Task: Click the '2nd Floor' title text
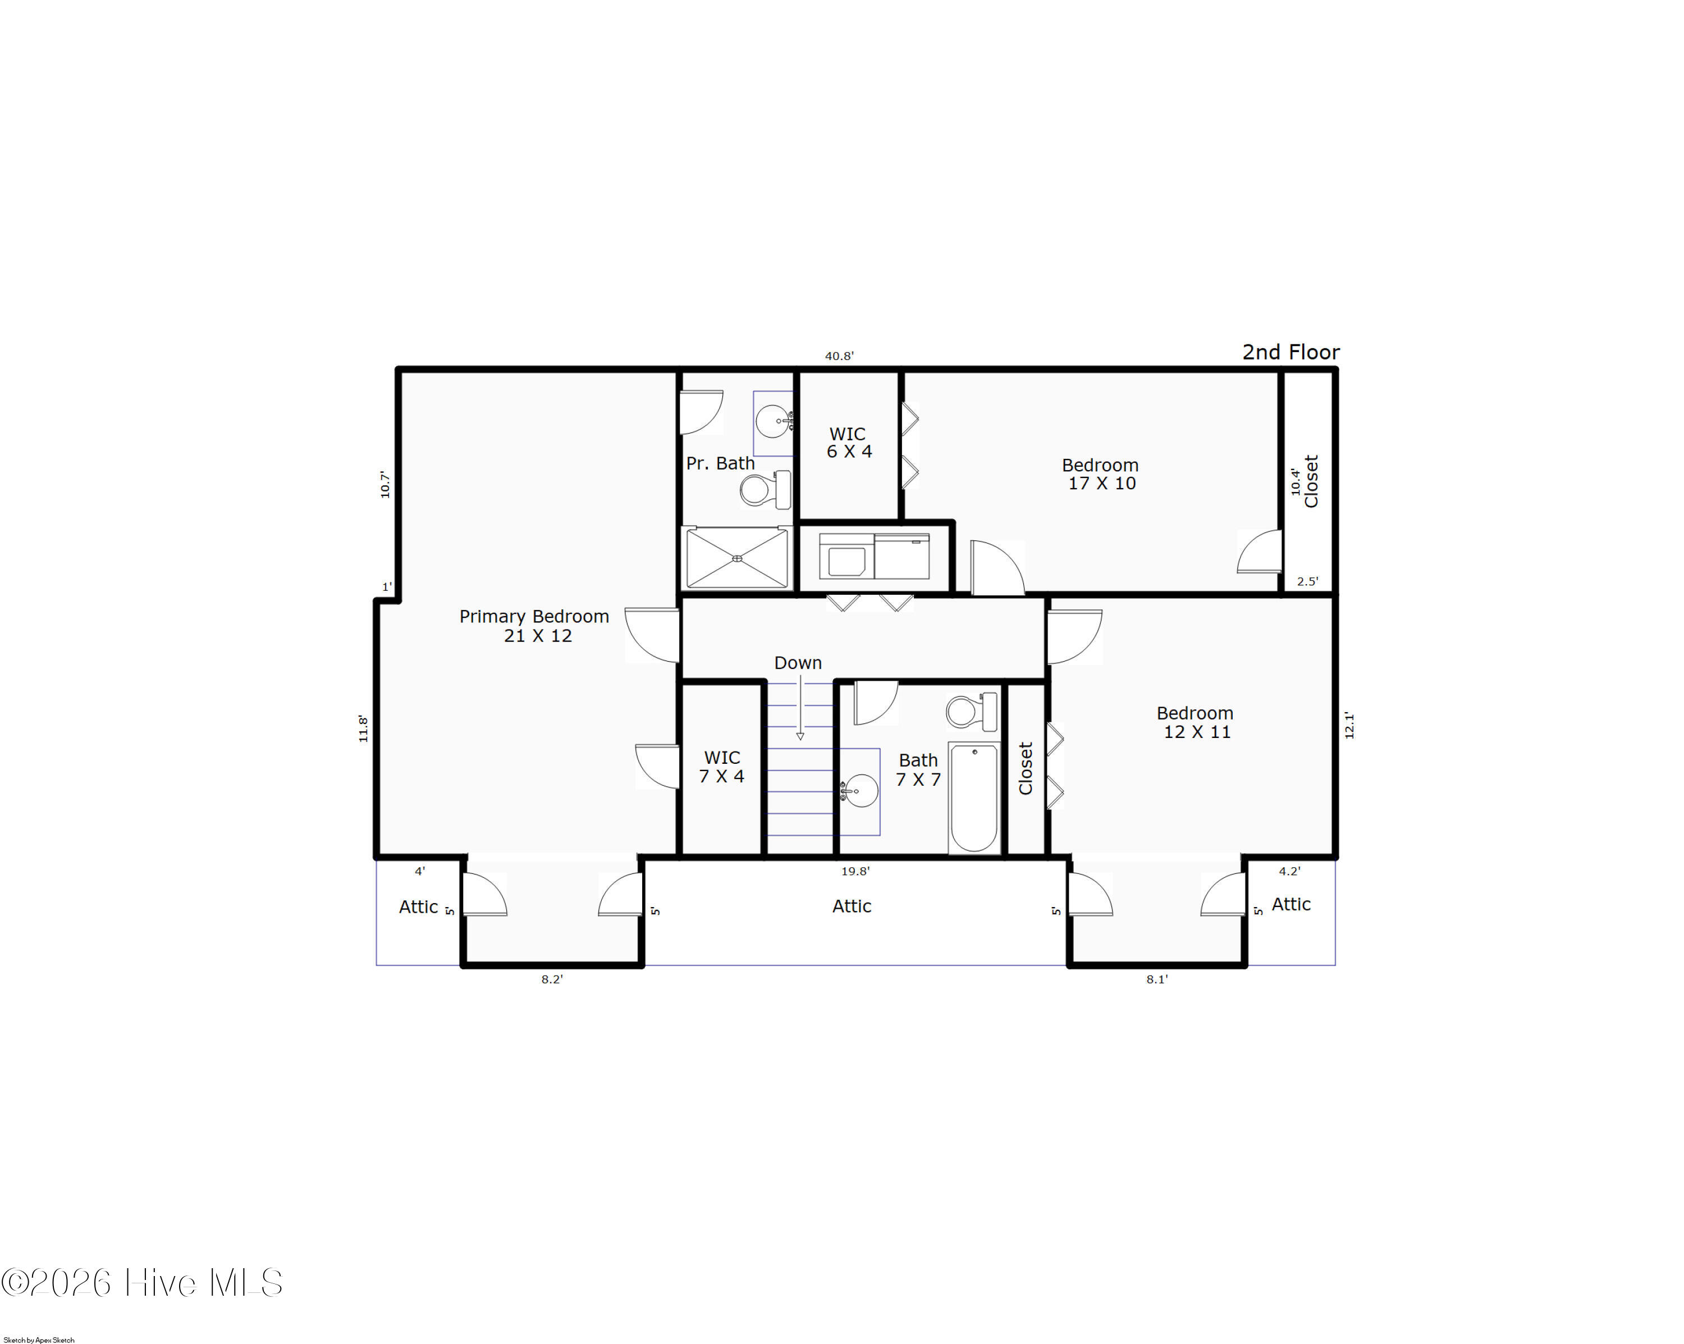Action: (1291, 352)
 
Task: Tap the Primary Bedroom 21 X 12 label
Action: (534, 626)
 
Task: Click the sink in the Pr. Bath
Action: (774, 422)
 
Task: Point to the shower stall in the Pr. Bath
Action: (736, 558)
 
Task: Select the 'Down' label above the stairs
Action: (798, 663)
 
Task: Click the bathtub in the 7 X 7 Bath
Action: (974, 798)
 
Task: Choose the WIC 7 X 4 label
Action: (722, 767)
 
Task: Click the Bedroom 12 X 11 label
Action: (1196, 722)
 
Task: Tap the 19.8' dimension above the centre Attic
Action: (855, 871)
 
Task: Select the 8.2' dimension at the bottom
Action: (552, 979)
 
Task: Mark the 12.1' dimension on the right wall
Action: (1349, 725)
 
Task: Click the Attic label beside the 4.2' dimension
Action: (1291, 904)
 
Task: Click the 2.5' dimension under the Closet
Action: (1307, 581)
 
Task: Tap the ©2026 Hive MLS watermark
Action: (142, 1283)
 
